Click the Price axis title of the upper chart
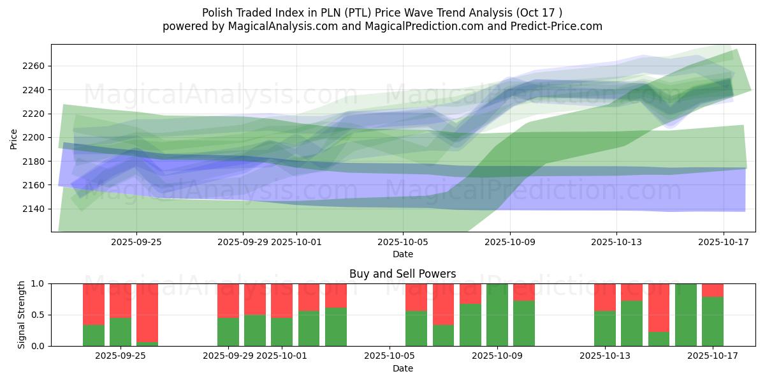14,138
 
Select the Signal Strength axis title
21,315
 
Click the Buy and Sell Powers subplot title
402,274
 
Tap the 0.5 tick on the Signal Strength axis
38,315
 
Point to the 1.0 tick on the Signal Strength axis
38,283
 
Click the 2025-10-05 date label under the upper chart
402,242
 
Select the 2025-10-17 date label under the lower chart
712,356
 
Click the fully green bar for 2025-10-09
497,315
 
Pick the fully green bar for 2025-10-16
685,315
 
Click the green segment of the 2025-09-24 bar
94,335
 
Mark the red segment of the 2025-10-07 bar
443,304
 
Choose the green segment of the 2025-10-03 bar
335,326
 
